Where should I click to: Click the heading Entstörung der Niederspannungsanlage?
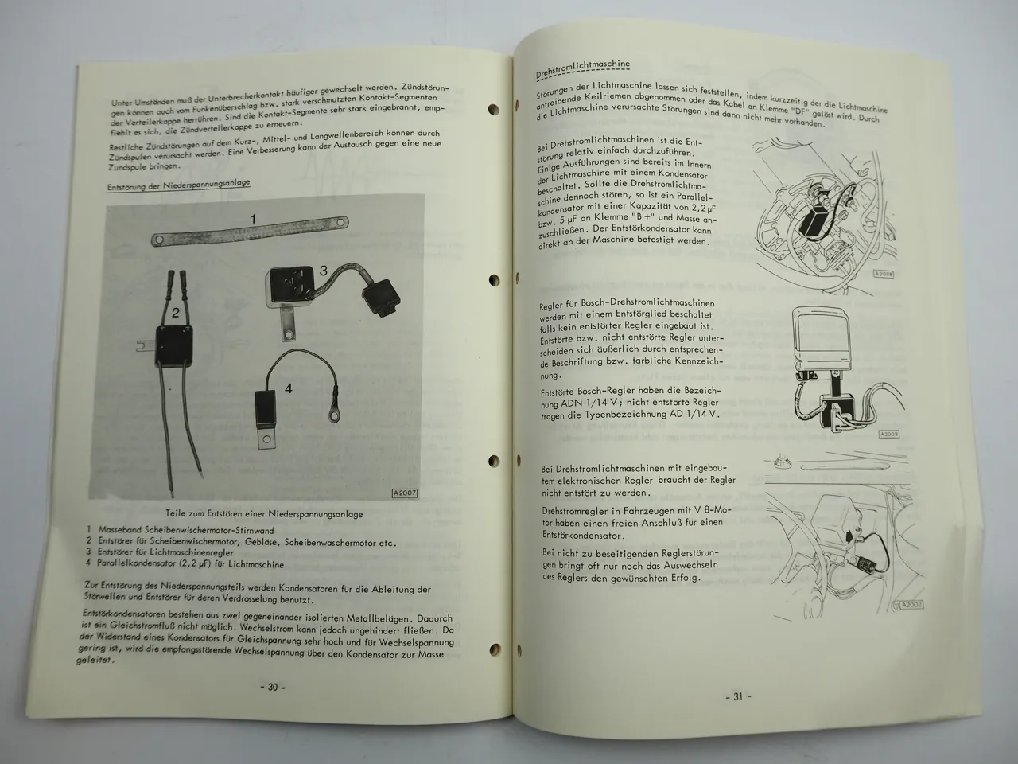tap(179, 184)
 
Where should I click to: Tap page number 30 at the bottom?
tap(271, 688)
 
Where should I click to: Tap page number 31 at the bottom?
tap(737, 696)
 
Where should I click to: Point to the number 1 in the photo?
tap(253, 218)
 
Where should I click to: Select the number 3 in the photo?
tap(324, 271)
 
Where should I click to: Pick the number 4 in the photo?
tap(288, 389)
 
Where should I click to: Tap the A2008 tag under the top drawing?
tap(884, 273)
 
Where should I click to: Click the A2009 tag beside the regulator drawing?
tap(888, 434)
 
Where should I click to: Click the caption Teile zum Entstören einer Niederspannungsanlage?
tap(265, 514)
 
